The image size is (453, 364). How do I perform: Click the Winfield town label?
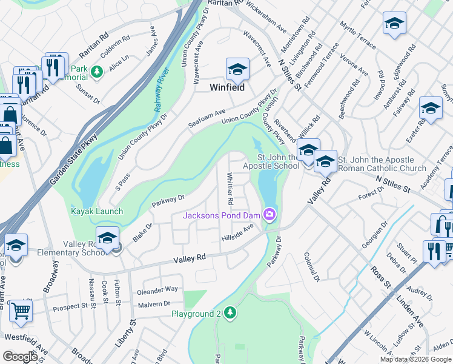[x=226, y=87]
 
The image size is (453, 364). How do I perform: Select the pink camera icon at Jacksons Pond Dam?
[x=270, y=214]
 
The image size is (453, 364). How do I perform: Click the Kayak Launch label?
[x=97, y=211]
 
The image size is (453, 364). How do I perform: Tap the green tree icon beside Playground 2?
[x=230, y=313]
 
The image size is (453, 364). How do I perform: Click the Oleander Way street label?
[x=157, y=289]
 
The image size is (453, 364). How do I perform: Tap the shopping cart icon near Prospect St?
[x=21, y=310]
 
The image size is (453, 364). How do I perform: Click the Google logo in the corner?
[x=20, y=356]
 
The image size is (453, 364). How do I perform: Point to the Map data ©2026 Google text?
[x=415, y=359]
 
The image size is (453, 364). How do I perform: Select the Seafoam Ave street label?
[x=207, y=115]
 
